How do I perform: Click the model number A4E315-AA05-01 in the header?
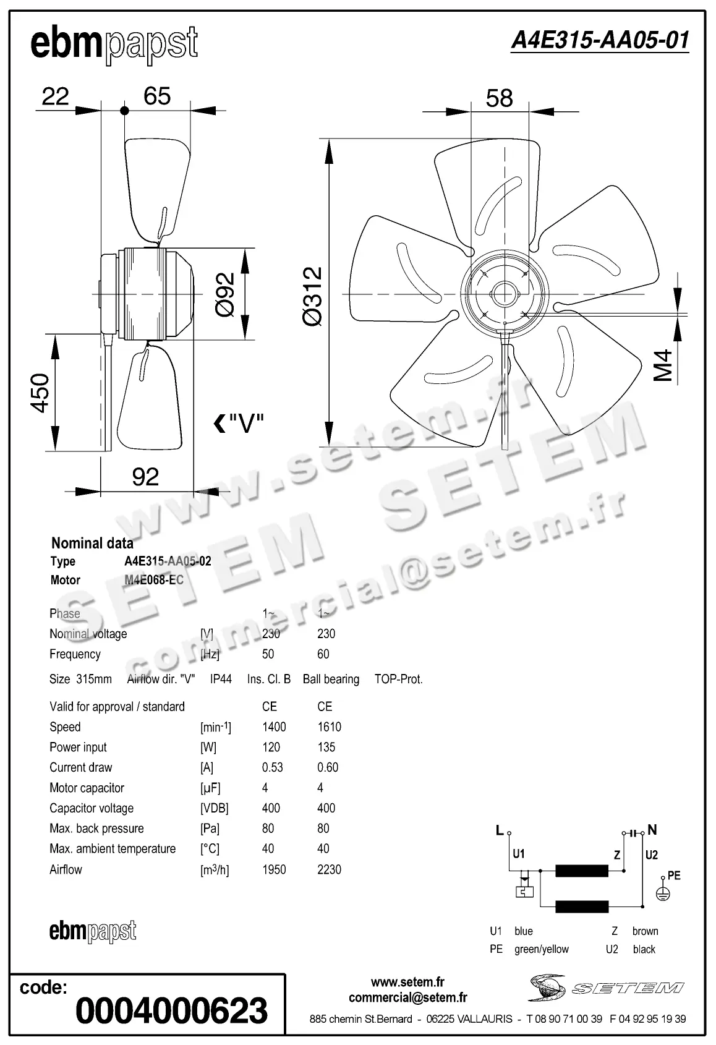click(600, 41)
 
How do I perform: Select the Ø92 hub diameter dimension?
click(225, 294)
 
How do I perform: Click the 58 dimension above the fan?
click(499, 98)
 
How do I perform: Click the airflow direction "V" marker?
click(239, 424)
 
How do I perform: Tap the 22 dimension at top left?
click(55, 96)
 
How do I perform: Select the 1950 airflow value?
click(274, 869)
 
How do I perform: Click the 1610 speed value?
click(329, 727)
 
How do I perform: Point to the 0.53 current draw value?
click(273, 767)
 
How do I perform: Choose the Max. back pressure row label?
click(96, 829)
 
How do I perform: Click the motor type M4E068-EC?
click(154, 580)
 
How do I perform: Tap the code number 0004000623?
click(172, 1010)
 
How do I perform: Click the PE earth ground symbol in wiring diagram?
click(663, 894)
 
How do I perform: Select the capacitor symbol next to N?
click(633, 834)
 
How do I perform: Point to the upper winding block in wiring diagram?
click(581, 871)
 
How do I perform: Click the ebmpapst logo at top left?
click(114, 45)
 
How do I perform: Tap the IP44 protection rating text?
click(221, 679)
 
